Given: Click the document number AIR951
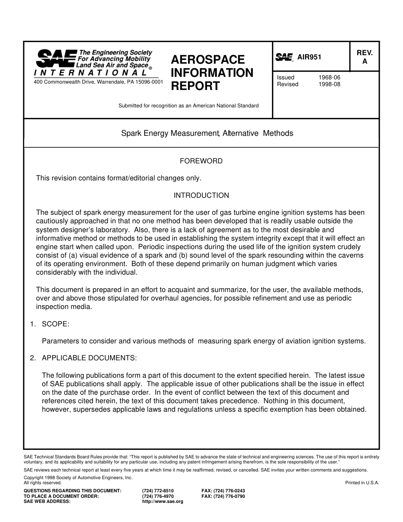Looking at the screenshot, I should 309,57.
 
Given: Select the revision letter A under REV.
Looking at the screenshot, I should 364,62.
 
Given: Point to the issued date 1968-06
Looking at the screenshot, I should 329,78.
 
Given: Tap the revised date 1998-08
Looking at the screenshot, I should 329,84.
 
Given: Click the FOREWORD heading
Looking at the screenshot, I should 201,161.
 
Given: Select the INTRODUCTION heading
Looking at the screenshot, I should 201,196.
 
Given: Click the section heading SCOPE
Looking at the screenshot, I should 55,324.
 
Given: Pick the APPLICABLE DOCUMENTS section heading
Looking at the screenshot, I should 89,358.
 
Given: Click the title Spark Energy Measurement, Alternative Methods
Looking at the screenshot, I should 207,134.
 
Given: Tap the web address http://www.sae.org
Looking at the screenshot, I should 162,502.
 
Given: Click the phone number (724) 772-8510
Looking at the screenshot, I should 158,491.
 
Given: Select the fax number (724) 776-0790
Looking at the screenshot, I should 223,496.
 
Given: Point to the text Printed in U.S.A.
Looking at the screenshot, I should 362,483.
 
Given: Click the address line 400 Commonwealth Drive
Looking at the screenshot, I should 98,82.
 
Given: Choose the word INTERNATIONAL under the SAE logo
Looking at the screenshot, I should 91,73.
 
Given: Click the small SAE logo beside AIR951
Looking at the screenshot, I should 284,57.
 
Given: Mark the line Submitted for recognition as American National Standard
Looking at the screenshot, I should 188,106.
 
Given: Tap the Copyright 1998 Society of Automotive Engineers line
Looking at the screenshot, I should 78,477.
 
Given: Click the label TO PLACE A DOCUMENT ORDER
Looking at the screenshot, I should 61,496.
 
